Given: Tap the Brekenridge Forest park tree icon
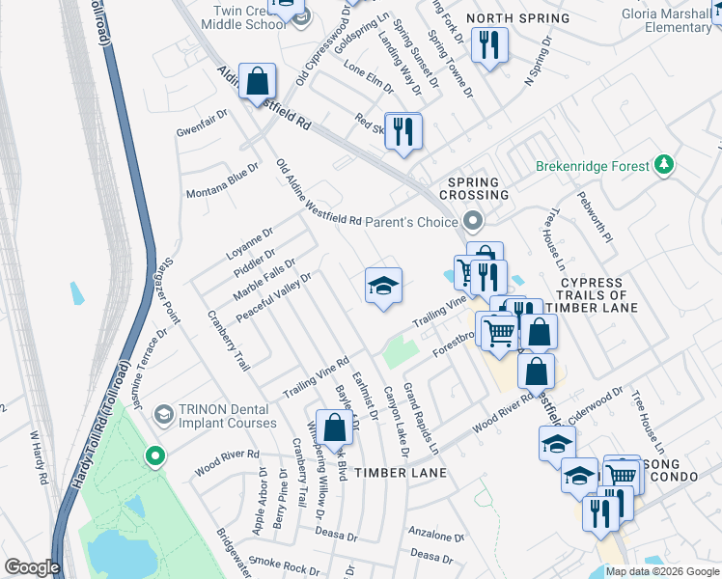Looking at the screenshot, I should click(x=663, y=165).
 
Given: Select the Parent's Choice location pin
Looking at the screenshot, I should click(x=472, y=222).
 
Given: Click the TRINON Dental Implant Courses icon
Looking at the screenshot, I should click(x=163, y=414).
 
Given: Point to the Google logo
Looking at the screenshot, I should click(x=32, y=567).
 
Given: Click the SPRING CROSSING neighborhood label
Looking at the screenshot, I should click(x=474, y=188).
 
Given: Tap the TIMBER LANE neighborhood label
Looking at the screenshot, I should click(x=400, y=473).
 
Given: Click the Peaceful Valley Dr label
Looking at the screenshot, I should click(x=279, y=296).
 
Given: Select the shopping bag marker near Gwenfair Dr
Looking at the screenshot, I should click(x=258, y=83).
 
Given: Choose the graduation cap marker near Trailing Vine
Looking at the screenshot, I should click(x=383, y=287).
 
